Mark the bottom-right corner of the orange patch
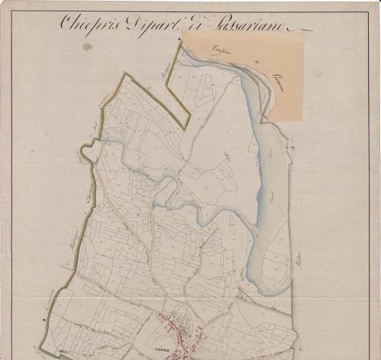(x=303, y=121)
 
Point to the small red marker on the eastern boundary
(x=292, y=145)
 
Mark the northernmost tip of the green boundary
(x=181, y=41)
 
